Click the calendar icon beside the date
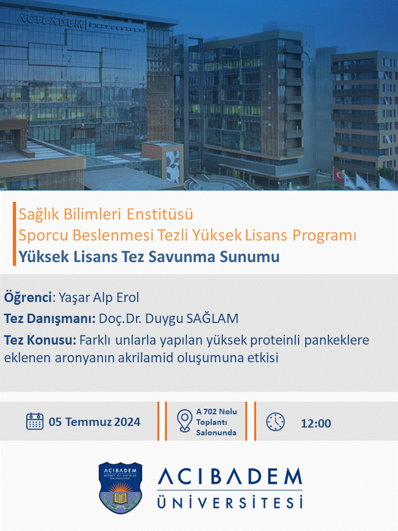[34, 421]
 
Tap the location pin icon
[185, 421]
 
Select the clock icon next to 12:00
[275, 421]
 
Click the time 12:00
[316, 423]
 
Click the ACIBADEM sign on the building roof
[50, 21]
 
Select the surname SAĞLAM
[212, 319]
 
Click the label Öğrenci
[28, 298]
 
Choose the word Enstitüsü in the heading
[160, 214]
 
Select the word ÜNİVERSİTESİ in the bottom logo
[229, 502]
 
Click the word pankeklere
[337, 340]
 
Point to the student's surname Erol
[128, 298]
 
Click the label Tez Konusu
[40, 340]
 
